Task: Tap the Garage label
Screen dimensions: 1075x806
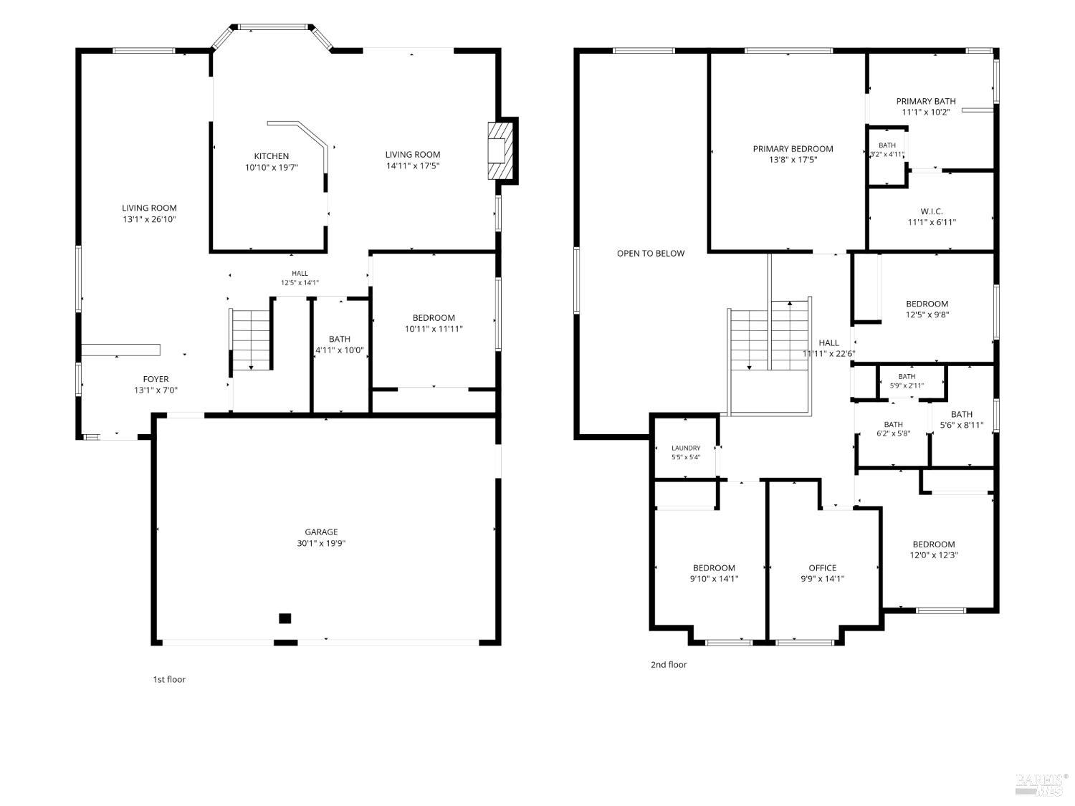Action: (321, 532)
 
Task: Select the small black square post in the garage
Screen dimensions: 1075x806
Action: (285, 618)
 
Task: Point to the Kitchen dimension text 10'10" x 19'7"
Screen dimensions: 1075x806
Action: (272, 168)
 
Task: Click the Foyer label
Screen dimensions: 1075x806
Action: (156, 379)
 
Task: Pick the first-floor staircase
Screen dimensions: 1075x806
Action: (250, 339)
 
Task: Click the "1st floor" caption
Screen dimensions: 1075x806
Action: (169, 678)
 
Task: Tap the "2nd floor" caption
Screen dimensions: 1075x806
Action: (669, 664)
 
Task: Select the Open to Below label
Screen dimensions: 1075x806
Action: (651, 253)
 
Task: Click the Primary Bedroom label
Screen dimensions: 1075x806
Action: (793, 149)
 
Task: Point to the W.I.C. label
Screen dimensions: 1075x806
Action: (932, 211)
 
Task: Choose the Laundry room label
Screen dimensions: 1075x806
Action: (686, 448)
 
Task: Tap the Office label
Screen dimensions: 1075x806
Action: (822, 567)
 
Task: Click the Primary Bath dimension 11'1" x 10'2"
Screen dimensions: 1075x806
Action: (926, 112)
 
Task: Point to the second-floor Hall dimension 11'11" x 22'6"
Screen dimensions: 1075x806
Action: (828, 354)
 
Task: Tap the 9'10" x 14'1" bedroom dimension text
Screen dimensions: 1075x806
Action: (714, 578)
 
